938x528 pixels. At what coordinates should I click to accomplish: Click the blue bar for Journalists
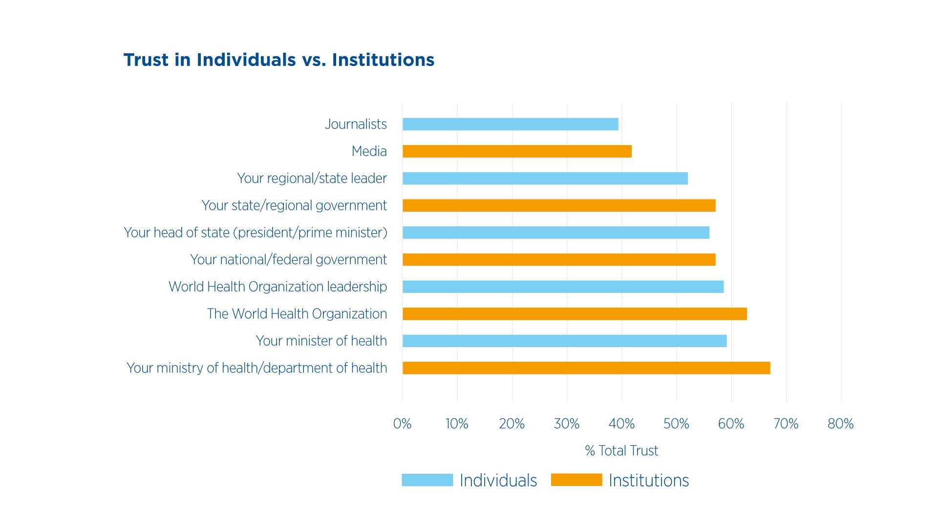click(x=510, y=124)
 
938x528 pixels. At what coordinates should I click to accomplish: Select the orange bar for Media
click(x=517, y=152)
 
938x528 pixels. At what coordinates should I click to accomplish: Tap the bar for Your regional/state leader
click(x=545, y=178)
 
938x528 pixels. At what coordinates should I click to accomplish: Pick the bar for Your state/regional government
click(x=559, y=205)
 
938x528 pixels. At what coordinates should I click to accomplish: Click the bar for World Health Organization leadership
click(x=563, y=286)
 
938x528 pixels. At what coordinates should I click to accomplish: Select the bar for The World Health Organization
click(x=575, y=314)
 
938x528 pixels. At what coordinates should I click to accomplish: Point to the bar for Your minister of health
click(x=564, y=341)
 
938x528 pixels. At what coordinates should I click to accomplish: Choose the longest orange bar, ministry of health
click(x=586, y=368)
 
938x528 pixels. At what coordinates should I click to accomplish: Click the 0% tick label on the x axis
click(x=402, y=424)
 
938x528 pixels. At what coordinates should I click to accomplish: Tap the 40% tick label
click(x=621, y=424)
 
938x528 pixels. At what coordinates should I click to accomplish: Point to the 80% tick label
click(x=840, y=424)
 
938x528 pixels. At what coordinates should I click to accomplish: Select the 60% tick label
click(x=731, y=424)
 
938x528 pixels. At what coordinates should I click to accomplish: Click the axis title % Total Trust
click(x=621, y=451)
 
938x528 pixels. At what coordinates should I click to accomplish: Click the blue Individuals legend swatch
click(x=427, y=480)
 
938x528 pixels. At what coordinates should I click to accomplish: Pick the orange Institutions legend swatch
click(x=576, y=480)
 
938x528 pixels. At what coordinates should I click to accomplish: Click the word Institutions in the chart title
click(x=383, y=60)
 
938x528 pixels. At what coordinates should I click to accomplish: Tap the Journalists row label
click(x=356, y=124)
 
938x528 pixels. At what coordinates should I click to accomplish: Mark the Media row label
click(x=369, y=152)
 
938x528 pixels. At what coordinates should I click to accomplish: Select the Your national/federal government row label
click(x=288, y=260)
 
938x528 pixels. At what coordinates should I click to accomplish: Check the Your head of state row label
click(x=256, y=233)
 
